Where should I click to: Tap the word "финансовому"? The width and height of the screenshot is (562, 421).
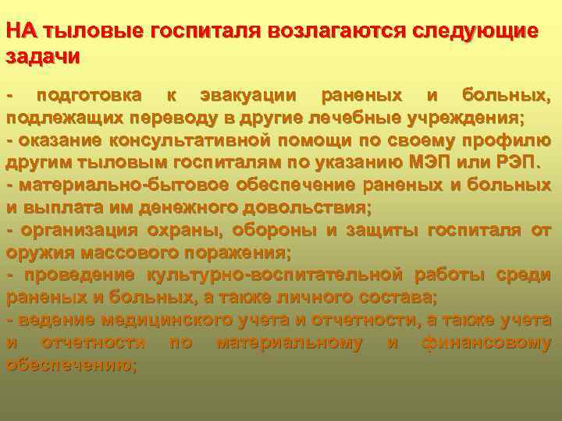486,342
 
